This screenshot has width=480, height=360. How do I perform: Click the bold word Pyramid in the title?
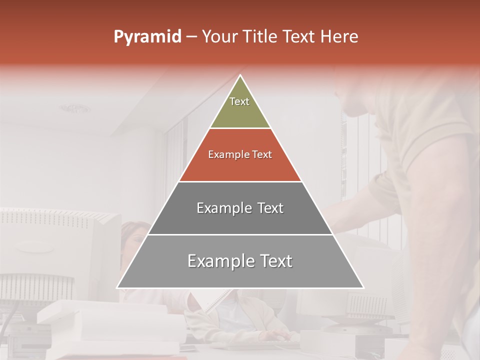(x=147, y=37)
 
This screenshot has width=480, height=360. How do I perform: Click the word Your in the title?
(x=219, y=36)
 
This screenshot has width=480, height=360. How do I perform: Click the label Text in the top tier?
(x=239, y=101)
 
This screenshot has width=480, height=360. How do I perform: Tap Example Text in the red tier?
(x=240, y=154)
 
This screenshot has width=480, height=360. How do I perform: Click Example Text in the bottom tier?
(x=240, y=261)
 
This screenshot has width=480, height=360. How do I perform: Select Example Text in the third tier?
(x=240, y=208)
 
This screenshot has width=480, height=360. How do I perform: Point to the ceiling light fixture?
(x=75, y=108)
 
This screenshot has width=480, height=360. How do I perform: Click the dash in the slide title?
(x=191, y=37)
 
